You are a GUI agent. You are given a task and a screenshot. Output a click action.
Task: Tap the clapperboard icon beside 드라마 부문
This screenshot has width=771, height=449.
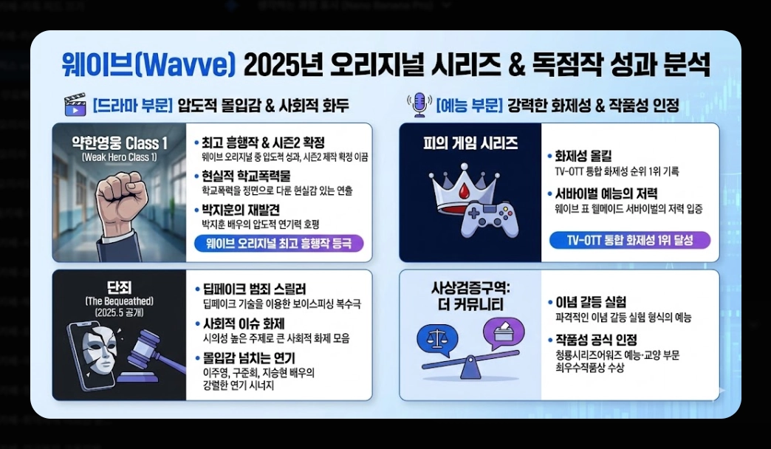tap(75, 105)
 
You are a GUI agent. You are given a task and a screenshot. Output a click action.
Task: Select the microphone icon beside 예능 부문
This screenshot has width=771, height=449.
tap(419, 105)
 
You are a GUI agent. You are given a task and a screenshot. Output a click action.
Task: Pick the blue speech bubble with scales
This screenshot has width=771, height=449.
tap(439, 340)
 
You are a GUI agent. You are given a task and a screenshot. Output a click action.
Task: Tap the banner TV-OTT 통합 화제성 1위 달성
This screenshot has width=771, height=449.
tap(630, 240)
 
